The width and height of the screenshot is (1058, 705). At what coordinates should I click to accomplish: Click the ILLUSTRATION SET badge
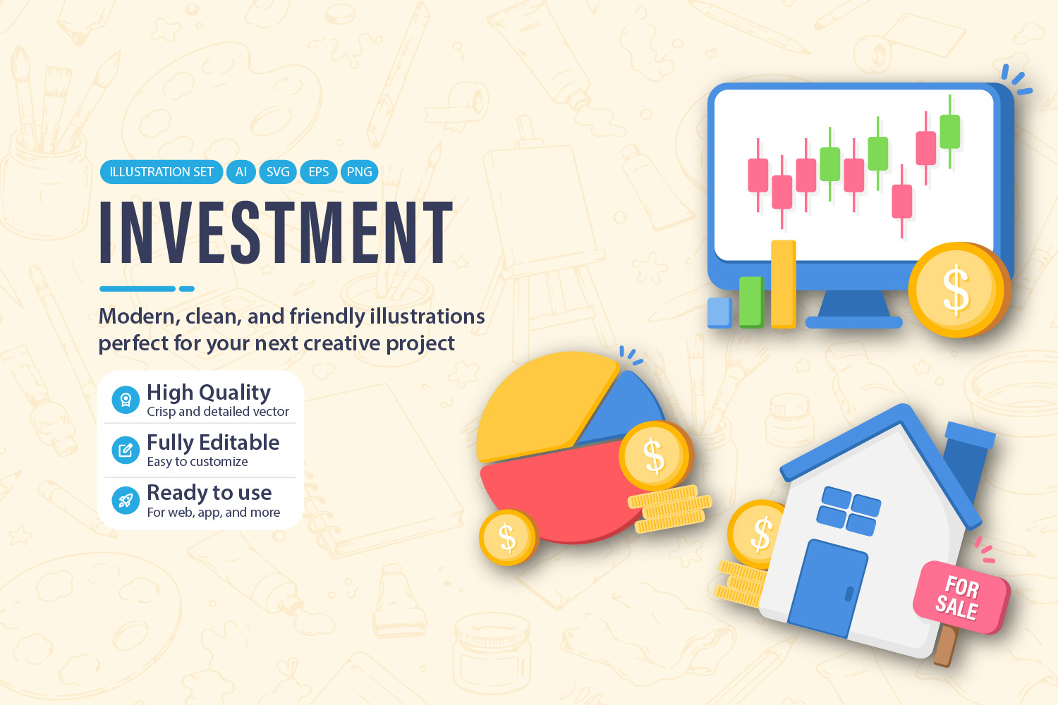pyautogui.click(x=161, y=172)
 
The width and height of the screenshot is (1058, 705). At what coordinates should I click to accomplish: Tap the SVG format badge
pyautogui.click(x=278, y=172)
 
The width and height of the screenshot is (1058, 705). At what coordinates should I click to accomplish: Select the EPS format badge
pyautogui.click(x=318, y=172)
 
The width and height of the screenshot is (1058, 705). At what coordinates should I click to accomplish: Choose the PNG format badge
pyautogui.click(x=360, y=172)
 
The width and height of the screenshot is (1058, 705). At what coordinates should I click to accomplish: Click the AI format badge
pyautogui.click(x=241, y=172)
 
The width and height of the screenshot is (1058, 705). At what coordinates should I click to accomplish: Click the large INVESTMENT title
pyautogui.click(x=276, y=232)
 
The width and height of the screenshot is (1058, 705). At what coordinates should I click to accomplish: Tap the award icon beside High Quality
pyautogui.click(x=126, y=400)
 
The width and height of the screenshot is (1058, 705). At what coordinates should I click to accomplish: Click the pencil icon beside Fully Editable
pyautogui.click(x=126, y=450)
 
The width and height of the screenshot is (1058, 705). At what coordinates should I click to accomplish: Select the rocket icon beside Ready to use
pyautogui.click(x=126, y=501)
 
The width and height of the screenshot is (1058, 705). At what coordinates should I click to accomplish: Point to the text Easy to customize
pyautogui.click(x=197, y=462)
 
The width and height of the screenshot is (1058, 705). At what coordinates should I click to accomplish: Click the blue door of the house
pyautogui.click(x=828, y=588)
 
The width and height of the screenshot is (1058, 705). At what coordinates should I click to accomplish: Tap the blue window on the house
pyautogui.click(x=849, y=511)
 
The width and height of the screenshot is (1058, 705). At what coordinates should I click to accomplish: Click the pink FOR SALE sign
pyautogui.click(x=961, y=597)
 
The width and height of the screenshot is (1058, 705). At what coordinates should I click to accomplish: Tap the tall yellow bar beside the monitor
pyautogui.click(x=783, y=284)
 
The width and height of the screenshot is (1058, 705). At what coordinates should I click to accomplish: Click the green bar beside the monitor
pyautogui.click(x=751, y=302)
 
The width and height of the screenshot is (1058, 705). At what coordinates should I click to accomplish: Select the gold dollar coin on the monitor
pyautogui.click(x=959, y=290)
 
